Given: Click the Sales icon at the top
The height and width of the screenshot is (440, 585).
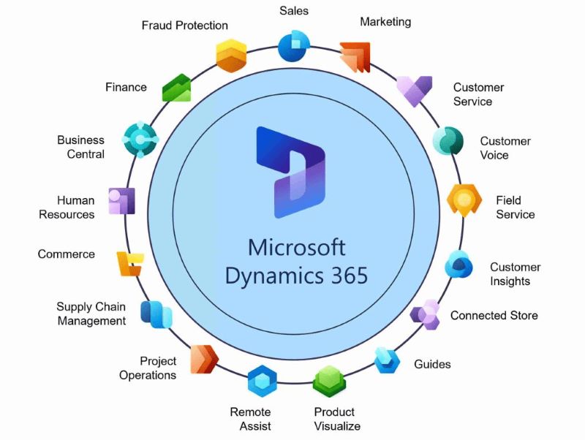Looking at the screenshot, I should click(293, 45).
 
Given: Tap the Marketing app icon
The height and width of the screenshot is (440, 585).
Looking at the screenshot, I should click(355, 57).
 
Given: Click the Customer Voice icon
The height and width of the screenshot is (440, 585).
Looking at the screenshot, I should click(448, 140).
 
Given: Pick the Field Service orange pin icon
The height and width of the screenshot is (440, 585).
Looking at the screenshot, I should click(464, 200).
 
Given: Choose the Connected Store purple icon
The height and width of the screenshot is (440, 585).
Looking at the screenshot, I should click(425, 314).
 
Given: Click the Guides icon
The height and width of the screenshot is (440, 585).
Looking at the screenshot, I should click(387, 360).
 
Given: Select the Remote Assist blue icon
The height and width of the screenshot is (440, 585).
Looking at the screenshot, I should click(262, 380).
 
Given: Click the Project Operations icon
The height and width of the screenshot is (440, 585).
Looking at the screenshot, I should click(204, 359).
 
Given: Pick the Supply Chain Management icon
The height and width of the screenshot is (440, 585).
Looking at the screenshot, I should click(156, 314).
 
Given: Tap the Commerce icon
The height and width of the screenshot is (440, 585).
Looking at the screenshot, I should click(129, 262).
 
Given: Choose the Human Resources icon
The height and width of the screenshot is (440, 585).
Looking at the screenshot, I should click(121, 200).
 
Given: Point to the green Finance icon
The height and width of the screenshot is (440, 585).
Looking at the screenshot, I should click(176, 88).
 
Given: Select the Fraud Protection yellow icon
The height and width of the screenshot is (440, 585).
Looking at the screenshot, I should click(231, 55).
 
